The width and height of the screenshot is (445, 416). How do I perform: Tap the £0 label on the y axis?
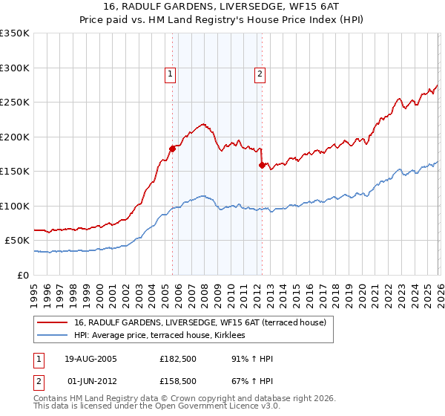coord(22,275)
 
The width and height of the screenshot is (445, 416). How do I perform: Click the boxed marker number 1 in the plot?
coord(171,74)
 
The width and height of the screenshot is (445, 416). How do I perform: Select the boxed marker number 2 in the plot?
coord(260,74)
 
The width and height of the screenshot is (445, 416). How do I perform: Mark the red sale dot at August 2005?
coord(172,149)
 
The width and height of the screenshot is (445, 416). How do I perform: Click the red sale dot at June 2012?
coord(261,165)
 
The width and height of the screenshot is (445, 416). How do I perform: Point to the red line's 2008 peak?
coord(202,124)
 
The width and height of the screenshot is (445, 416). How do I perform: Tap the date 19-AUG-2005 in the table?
coord(90,359)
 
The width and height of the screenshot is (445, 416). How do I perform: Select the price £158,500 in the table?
coord(178,381)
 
